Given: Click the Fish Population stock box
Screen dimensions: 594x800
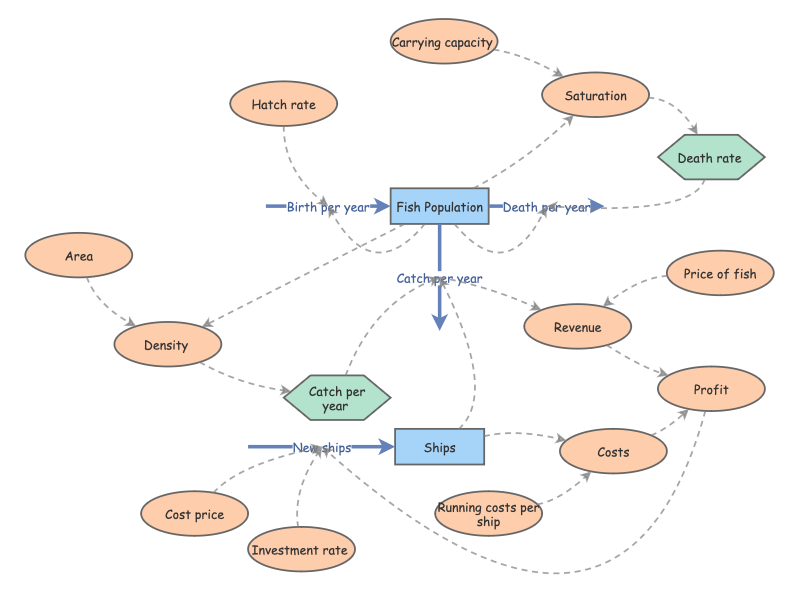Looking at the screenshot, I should click(439, 207).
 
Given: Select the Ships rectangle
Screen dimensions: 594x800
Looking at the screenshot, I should click(439, 447).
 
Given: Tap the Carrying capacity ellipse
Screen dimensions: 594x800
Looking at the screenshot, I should click(443, 42).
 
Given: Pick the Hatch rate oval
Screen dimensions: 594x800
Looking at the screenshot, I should click(283, 104).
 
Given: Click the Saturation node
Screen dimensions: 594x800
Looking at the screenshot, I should click(595, 96).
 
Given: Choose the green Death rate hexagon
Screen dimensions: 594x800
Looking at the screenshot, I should click(710, 157).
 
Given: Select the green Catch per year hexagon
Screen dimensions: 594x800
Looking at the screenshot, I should click(336, 399).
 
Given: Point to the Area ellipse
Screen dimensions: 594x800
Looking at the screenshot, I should click(79, 256).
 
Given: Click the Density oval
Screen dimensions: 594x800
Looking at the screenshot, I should click(167, 345).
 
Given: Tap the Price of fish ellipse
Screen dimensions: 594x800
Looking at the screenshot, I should click(720, 274).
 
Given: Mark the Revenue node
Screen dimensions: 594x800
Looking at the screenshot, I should click(577, 327).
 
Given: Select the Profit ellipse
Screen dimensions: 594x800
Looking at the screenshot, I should click(711, 389).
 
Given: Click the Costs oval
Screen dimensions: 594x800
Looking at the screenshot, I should click(613, 452).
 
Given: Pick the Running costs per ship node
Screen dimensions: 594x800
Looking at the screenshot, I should click(488, 514).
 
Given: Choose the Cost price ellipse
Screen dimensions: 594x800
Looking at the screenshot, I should click(194, 514).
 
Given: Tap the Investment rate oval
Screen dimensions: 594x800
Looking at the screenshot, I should click(300, 550).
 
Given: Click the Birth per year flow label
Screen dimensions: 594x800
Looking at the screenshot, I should click(328, 207).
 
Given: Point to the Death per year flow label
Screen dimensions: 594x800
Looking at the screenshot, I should click(546, 207).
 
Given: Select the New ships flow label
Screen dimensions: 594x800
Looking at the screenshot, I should click(322, 447).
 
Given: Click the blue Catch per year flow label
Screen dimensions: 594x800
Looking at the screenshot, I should click(439, 278).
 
